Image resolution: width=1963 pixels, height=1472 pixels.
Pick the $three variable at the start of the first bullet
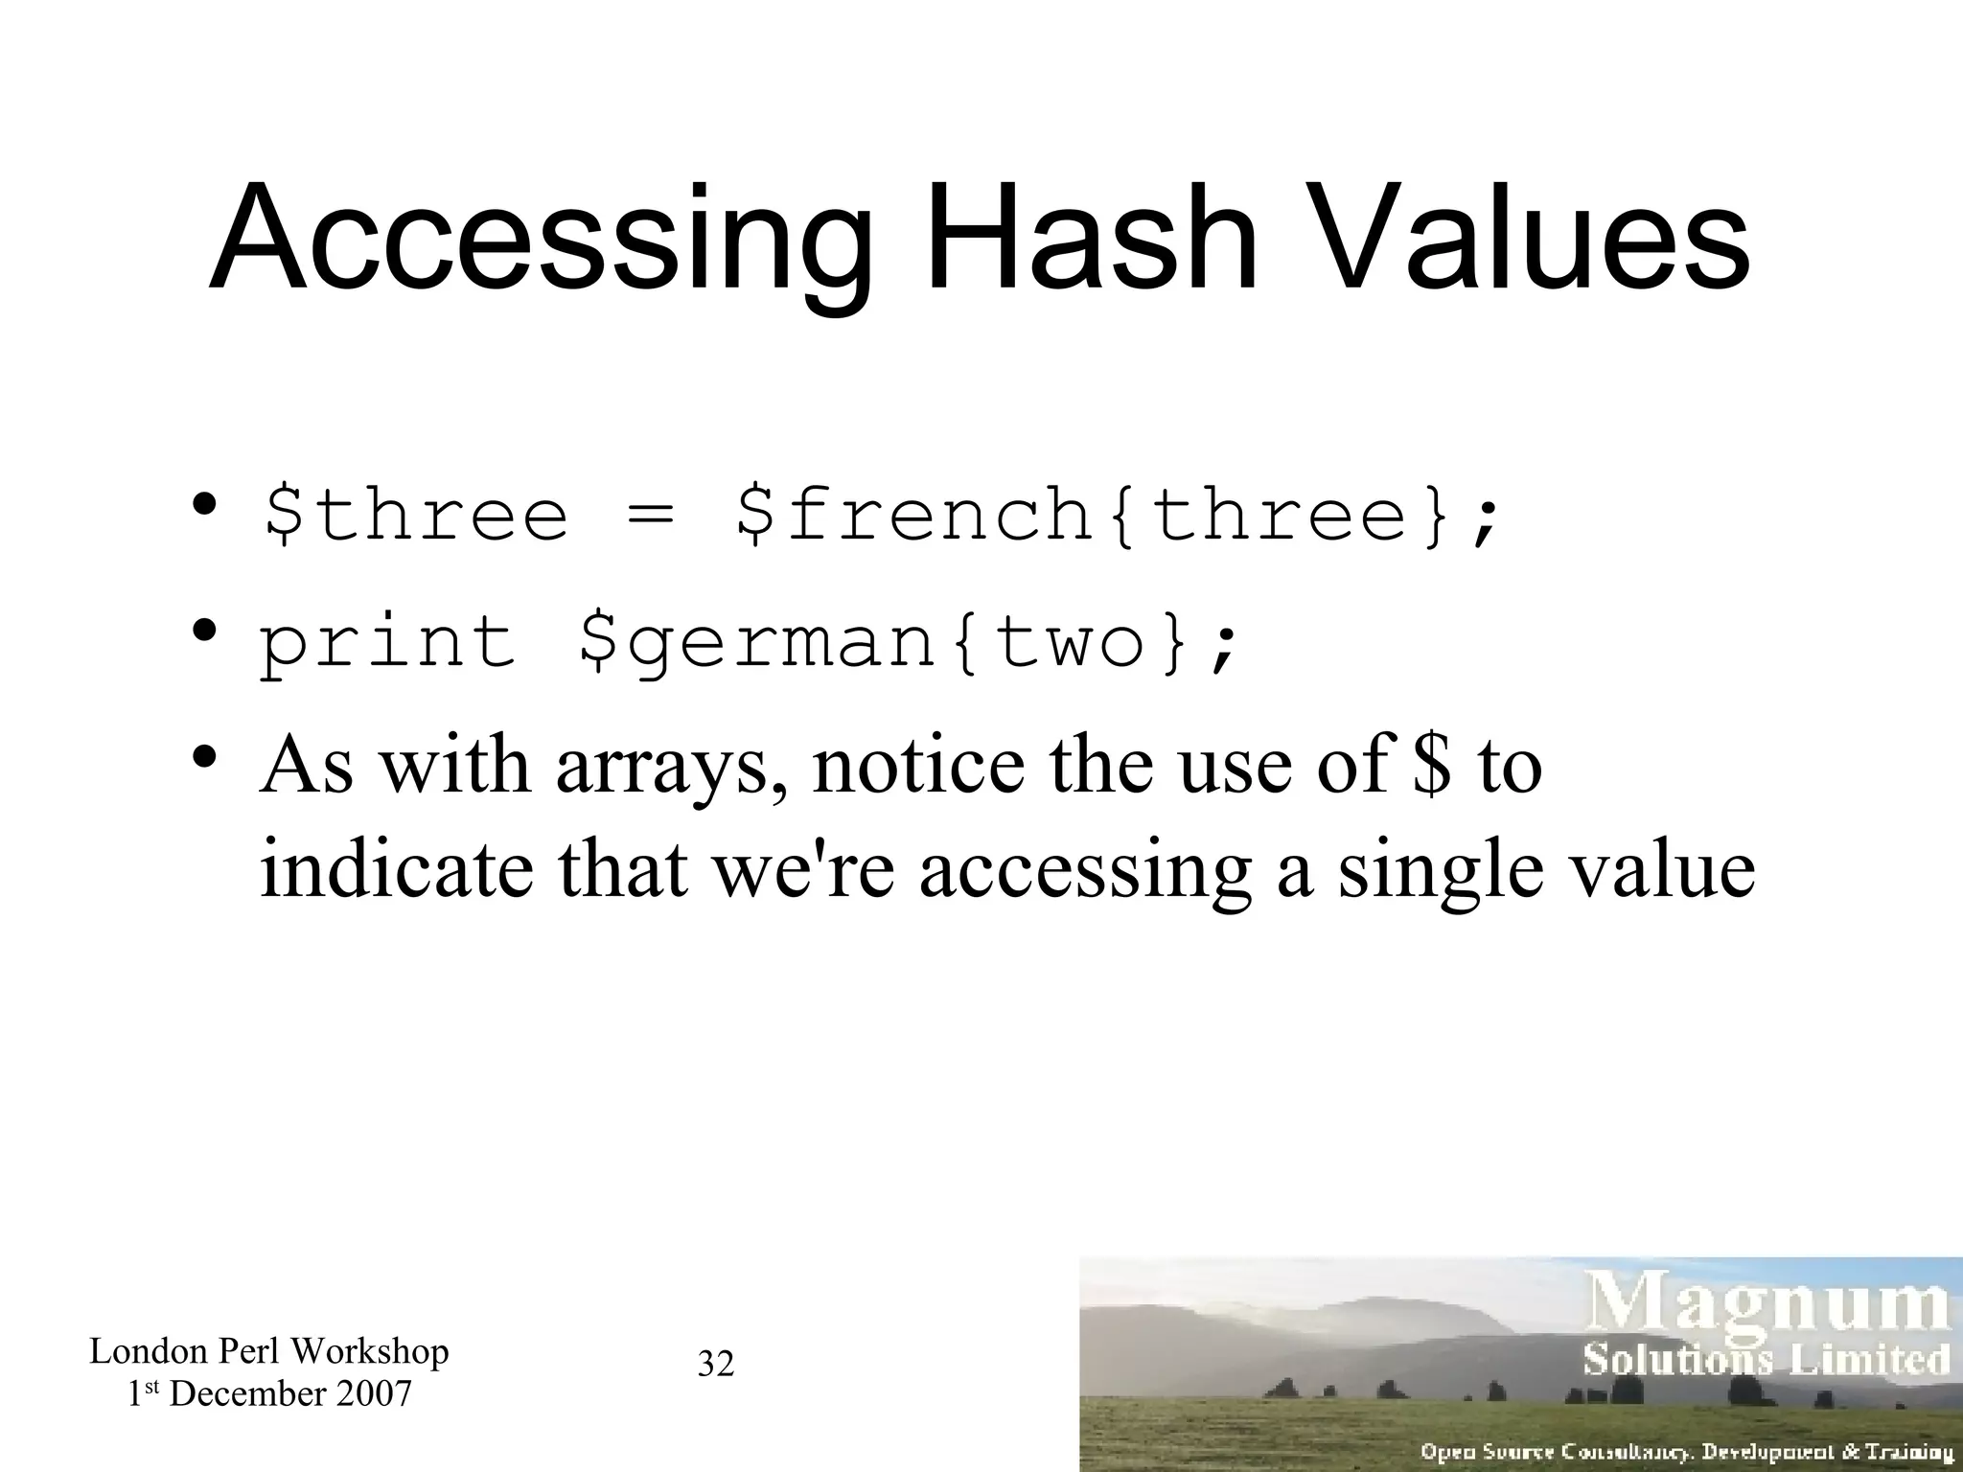coord(415,516)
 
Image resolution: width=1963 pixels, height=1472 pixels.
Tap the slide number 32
coord(716,1363)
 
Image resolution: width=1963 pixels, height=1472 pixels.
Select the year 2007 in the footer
coord(373,1393)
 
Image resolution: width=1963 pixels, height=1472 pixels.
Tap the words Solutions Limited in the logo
coord(1766,1359)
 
